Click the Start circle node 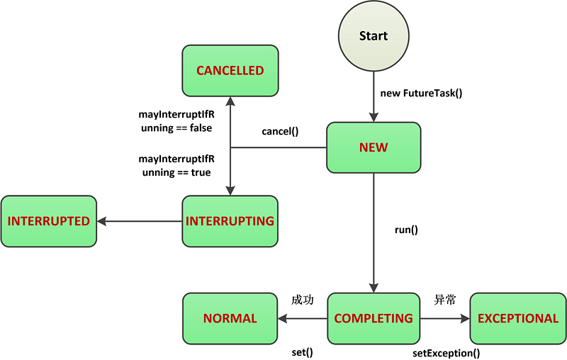pyautogui.click(x=374, y=36)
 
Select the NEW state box pyautogui.click(x=374, y=147)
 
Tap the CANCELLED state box pyautogui.click(x=230, y=71)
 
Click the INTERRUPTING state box pyautogui.click(x=230, y=221)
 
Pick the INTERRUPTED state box pyautogui.click(x=48, y=221)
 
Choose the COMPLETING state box pyautogui.click(x=374, y=318)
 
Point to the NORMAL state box pyautogui.click(x=230, y=318)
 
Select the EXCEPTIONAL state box pyautogui.click(x=518, y=318)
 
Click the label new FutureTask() pyautogui.click(x=421, y=93)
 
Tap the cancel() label pyautogui.click(x=280, y=131)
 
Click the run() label pyautogui.click(x=406, y=230)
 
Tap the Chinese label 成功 pyautogui.click(x=302, y=300)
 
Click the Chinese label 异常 pyautogui.click(x=444, y=300)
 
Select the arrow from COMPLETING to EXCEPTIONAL pyautogui.click(x=445, y=318)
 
